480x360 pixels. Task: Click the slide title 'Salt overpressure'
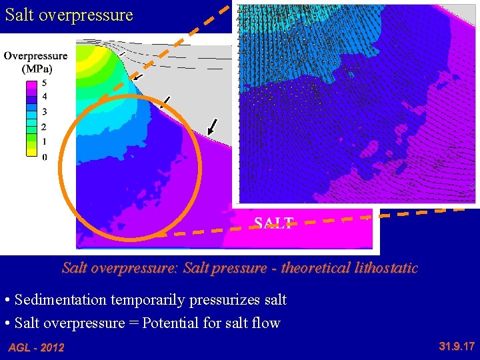[x=69, y=15]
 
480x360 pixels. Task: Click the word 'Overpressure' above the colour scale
[x=35, y=56]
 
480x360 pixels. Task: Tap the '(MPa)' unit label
[x=37, y=68]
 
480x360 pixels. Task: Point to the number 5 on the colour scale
[x=44, y=83]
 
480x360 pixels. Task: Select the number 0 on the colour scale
[x=44, y=157]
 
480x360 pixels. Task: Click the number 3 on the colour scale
[x=44, y=112]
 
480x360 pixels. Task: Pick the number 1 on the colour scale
[x=44, y=141]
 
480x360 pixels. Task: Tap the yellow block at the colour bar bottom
[x=31, y=149]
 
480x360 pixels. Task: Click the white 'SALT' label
[x=273, y=223]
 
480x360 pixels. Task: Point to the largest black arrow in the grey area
[x=213, y=125]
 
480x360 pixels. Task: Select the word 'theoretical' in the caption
[x=312, y=268]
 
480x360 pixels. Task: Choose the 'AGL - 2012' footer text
[x=36, y=347]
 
